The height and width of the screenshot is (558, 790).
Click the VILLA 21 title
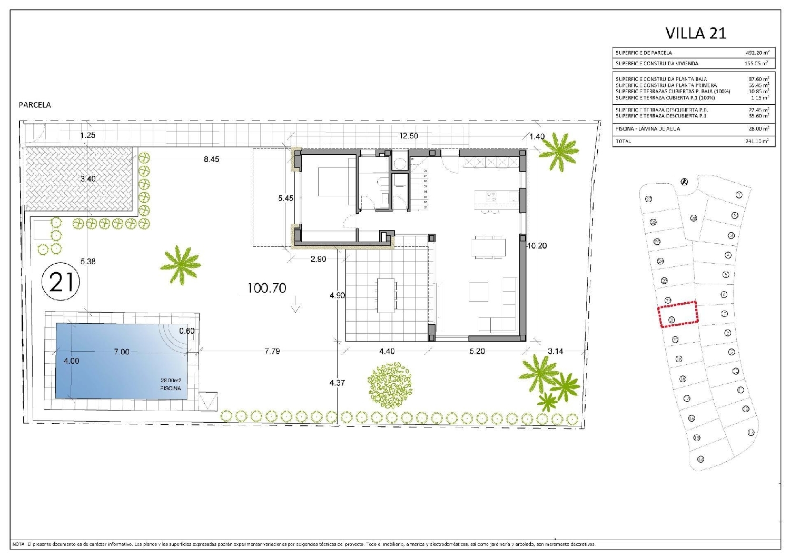pos(696,33)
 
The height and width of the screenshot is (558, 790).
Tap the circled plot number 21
pos(61,282)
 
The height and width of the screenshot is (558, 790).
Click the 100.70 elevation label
pos(267,288)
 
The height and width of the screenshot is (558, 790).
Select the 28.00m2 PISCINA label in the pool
pos(171,384)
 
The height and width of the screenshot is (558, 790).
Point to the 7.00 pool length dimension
pos(121,352)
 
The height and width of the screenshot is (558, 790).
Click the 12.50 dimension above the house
pos(408,136)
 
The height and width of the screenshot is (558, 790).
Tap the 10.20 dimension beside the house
pos(537,245)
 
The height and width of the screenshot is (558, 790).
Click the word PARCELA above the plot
pos(35,105)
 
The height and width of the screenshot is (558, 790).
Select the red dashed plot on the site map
pos(678,314)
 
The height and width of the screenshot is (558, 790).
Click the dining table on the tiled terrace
pos(386,295)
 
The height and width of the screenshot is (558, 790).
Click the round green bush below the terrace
pos(390,385)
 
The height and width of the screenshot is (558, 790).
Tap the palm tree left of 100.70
pos(181,264)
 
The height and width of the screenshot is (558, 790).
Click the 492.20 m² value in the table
pos(757,53)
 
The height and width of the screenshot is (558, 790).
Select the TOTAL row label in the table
pos(624,141)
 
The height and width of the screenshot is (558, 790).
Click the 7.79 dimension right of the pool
pos(272,351)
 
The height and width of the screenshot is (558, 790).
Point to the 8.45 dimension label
pos(211,159)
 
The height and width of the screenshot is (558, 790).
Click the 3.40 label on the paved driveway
pos(88,179)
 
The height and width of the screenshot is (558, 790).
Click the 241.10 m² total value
pos(757,141)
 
